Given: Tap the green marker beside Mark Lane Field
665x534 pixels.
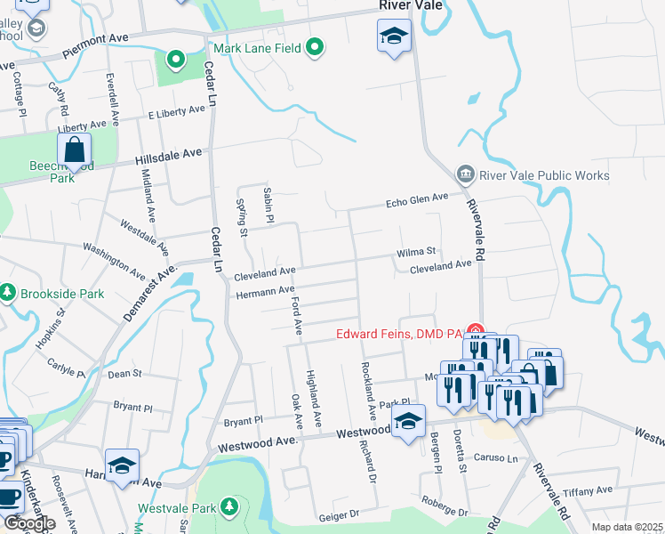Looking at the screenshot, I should pos(315,47).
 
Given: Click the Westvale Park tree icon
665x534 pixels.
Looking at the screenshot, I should pos(230,507).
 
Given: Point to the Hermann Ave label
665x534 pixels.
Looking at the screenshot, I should pos(264,291).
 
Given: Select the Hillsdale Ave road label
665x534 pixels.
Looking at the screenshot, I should pos(169,158).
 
